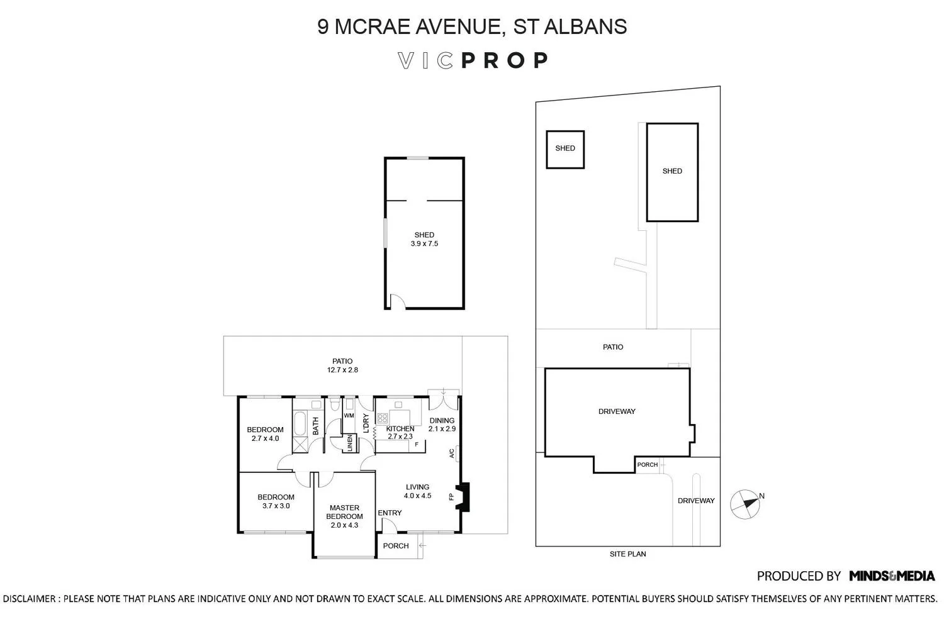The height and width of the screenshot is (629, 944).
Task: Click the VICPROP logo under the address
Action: (x=473, y=60)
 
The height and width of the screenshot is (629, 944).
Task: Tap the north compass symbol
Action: (x=745, y=504)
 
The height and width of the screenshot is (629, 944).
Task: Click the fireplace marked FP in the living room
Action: (x=463, y=497)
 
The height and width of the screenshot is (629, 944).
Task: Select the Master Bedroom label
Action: (x=344, y=512)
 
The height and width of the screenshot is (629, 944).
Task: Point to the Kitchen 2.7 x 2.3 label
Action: (x=400, y=433)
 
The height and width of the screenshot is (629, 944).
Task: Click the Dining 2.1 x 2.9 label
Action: (x=442, y=425)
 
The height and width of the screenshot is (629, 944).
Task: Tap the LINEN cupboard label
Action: (x=349, y=443)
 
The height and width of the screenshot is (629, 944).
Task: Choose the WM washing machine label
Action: (x=349, y=415)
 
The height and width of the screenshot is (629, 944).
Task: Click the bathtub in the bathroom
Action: (x=300, y=423)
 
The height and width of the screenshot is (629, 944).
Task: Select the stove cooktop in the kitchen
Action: (x=383, y=418)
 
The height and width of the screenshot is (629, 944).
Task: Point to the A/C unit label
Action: (x=451, y=454)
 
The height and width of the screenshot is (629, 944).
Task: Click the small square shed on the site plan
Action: (x=565, y=150)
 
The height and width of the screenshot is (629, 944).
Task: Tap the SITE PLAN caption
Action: (x=627, y=554)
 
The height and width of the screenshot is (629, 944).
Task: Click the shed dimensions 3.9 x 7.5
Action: (x=424, y=243)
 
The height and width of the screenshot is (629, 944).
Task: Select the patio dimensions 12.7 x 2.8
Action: (x=342, y=370)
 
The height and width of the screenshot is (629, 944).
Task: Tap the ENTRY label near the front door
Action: (x=390, y=513)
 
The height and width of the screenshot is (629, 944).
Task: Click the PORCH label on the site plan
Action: (x=648, y=465)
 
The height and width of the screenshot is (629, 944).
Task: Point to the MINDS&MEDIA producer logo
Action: (x=892, y=576)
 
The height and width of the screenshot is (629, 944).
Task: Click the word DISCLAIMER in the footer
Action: (x=29, y=599)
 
